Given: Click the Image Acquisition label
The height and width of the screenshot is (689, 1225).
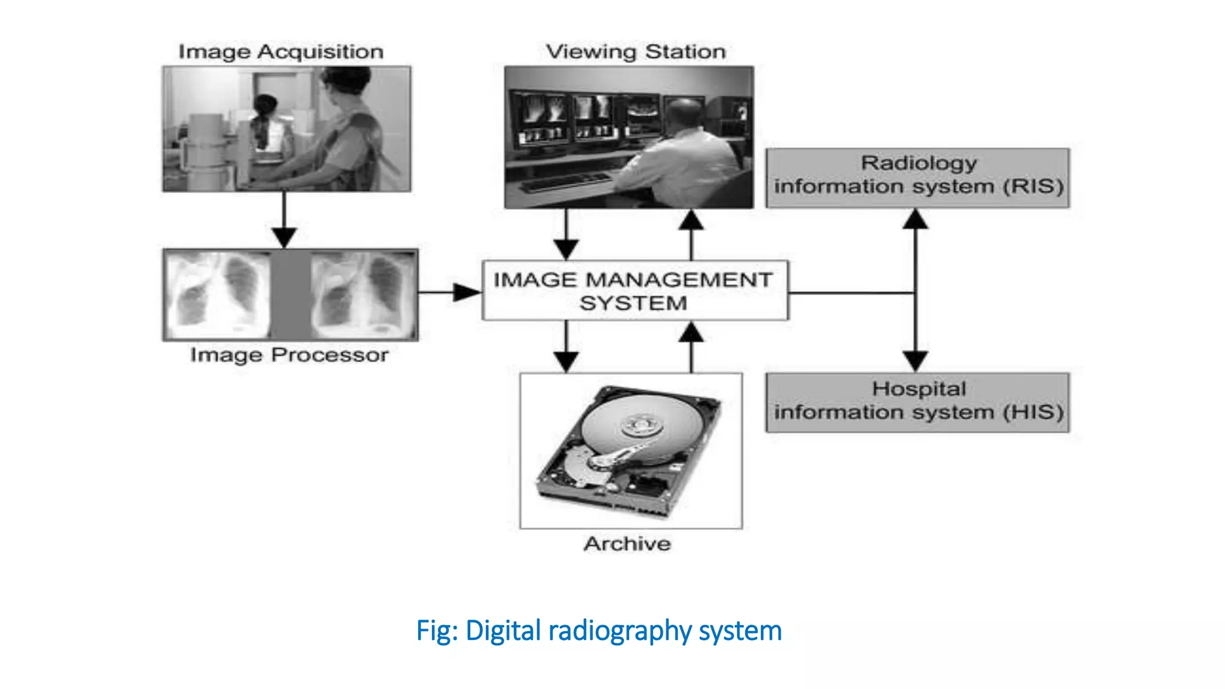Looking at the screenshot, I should pyautogui.click(x=281, y=52).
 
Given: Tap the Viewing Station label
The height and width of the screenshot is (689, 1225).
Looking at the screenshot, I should pyautogui.click(x=635, y=52).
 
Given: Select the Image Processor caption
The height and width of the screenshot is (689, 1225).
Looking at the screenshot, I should pyautogui.click(x=290, y=355).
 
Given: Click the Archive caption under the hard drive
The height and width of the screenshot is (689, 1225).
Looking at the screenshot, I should pyautogui.click(x=627, y=544).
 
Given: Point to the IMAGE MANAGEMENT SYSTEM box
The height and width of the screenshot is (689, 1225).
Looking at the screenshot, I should pyautogui.click(x=635, y=291).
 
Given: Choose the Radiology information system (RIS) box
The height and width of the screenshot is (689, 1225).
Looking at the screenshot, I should pyautogui.click(x=918, y=178).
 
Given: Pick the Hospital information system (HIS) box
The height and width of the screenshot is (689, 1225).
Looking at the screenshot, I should pyautogui.click(x=918, y=403).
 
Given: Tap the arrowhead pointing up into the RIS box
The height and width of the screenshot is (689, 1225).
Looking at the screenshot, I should pyautogui.click(x=915, y=219).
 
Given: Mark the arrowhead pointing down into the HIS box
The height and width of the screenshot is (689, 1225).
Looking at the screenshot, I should pyautogui.click(x=915, y=361).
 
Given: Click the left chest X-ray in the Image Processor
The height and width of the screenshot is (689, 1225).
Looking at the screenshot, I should pyautogui.click(x=219, y=295).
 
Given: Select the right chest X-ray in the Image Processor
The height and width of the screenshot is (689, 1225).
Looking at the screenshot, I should pyautogui.click(x=363, y=295).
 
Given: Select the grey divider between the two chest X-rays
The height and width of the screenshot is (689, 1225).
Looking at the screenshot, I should pyautogui.click(x=291, y=295).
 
